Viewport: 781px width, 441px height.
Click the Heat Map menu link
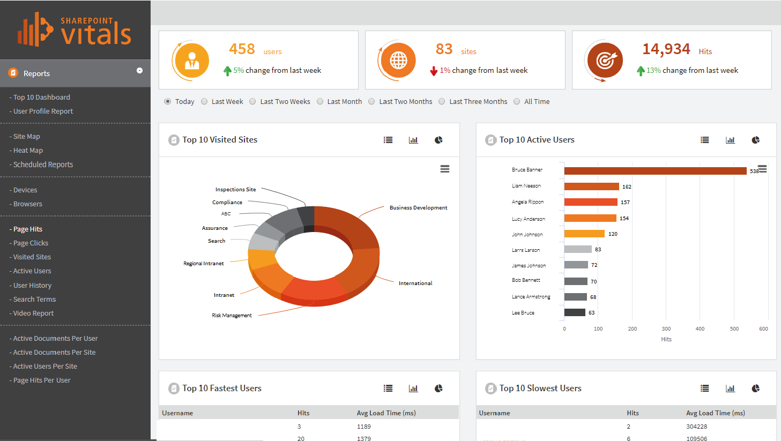click(28, 151)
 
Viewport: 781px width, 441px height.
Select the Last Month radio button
click(320, 101)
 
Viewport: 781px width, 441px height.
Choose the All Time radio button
click(517, 101)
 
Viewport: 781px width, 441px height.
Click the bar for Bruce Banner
click(654, 171)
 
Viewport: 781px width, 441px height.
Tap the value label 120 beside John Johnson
click(613, 234)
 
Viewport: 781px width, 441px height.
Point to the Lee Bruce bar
click(575, 312)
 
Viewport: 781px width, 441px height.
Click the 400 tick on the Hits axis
click(700, 329)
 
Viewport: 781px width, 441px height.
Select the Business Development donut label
click(418, 208)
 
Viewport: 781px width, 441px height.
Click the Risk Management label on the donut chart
click(232, 316)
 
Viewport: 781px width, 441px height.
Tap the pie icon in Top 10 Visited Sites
click(438, 140)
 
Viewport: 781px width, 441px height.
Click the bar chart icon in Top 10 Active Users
click(730, 140)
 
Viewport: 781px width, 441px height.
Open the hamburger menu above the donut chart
click(445, 169)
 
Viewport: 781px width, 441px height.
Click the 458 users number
click(242, 49)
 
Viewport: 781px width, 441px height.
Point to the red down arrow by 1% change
click(434, 71)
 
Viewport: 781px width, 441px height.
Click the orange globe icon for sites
click(398, 61)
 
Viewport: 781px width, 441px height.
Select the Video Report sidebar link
click(33, 313)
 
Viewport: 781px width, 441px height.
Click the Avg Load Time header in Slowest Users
click(715, 413)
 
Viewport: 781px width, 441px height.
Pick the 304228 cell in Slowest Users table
click(696, 427)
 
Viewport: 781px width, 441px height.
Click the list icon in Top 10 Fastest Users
click(388, 388)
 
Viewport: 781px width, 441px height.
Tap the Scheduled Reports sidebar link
click(43, 165)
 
